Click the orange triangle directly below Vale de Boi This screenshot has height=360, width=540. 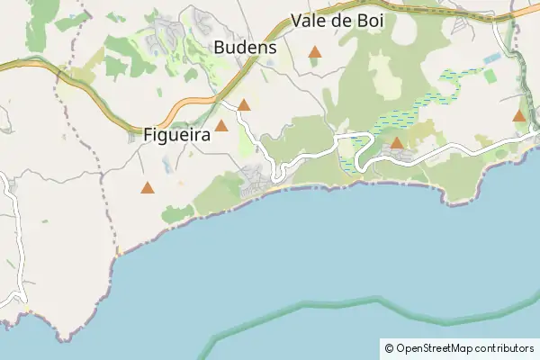click(315, 52)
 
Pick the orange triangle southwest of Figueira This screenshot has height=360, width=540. click(148, 188)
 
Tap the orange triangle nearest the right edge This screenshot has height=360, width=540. click(519, 116)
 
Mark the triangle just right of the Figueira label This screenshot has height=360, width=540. click(221, 126)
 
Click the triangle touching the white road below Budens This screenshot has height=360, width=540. click(243, 105)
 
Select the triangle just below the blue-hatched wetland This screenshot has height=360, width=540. click(397, 143)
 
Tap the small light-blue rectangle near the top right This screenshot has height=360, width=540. click(491, 58)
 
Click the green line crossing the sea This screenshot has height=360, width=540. click(360, 304)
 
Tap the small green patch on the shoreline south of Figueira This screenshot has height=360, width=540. click(177, 214)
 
